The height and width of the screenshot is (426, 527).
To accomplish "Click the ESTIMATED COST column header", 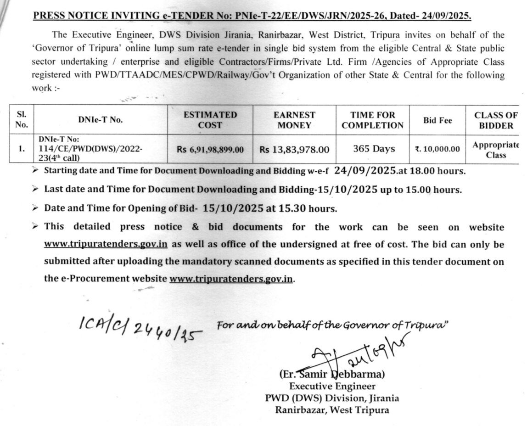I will (210, 120).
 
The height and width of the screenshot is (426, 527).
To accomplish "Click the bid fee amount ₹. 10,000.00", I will (437, 149).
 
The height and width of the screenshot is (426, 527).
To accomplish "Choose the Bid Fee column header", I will (437, 120).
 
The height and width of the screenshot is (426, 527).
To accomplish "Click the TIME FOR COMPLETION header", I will (373, 120).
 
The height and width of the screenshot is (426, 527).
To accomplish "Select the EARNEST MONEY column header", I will (294, 120).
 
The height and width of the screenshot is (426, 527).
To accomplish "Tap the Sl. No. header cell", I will (22, 120).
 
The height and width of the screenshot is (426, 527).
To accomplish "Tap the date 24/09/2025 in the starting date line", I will (366, 171).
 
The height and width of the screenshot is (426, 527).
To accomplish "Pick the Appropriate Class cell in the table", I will (496, 150).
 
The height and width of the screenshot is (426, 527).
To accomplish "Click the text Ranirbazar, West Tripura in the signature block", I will (332, 410).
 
